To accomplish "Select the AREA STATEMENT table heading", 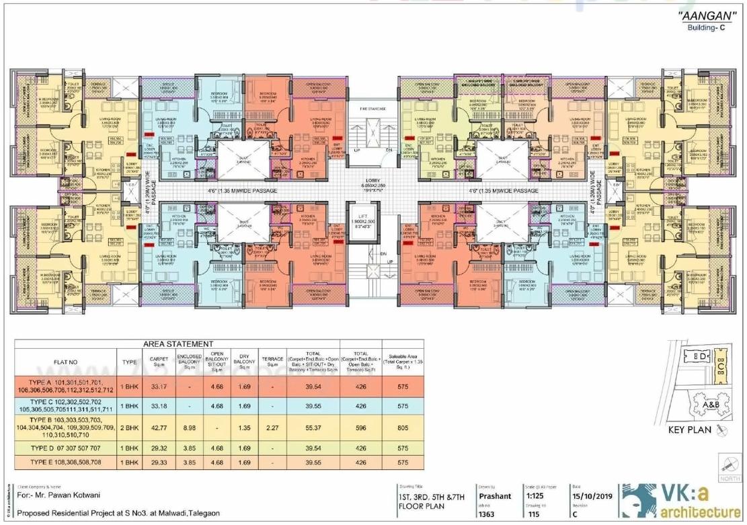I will tap(177, 344).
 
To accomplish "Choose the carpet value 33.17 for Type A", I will tap(159, 387).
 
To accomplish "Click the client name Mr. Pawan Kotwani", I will tap(56, 497).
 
